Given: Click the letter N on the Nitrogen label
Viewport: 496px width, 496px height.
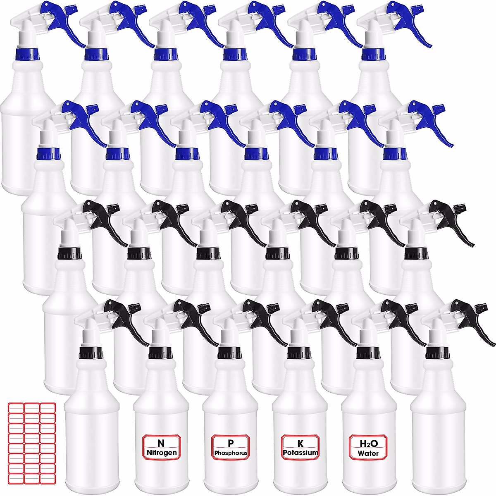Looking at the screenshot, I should coord(161,443).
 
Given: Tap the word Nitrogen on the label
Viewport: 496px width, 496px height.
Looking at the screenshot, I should coord(162,453).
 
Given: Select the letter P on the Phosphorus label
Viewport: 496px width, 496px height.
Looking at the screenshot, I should coord(231,443).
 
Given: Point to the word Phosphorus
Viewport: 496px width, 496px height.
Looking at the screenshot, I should coord(231,453).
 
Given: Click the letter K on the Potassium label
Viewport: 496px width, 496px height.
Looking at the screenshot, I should coord(300,443).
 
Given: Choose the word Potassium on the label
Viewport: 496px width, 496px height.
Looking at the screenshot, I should coord(300,453).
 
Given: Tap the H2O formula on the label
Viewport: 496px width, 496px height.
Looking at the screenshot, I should coord(369,444).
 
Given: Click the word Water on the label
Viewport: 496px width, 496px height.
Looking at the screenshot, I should coord(369,453).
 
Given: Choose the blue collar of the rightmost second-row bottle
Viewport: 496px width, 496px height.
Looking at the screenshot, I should coord(394,154).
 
